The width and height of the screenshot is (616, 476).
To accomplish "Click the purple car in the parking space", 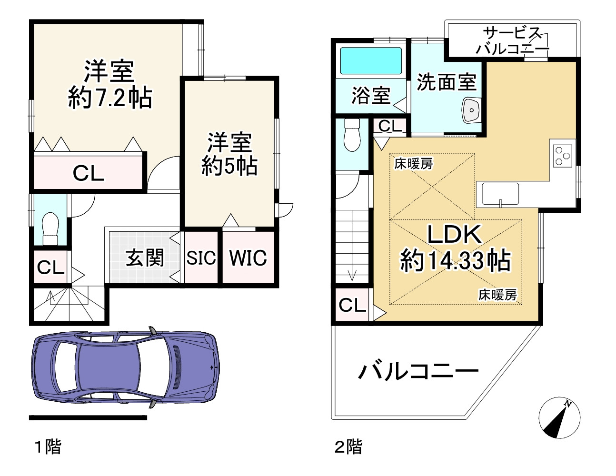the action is [x=125, y=368].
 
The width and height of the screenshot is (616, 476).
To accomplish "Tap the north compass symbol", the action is [x=559, y=418].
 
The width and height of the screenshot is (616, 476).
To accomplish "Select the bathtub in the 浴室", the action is [x=371, y=60].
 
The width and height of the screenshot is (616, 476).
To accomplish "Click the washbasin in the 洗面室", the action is [x=471, y=110].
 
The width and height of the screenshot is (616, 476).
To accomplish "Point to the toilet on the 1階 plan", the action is [x=50, y=229].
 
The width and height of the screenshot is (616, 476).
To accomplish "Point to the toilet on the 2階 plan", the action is [x=352, y=136].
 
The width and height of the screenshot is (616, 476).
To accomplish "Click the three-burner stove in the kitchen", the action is [x=563, y=155].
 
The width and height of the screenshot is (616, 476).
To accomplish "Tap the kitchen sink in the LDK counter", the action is [x=500, y=194].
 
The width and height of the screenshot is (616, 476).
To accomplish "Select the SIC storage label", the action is [x=201, y=258].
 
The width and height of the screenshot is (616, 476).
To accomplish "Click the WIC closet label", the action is [x=248, y=258].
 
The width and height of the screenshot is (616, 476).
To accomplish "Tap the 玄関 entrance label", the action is [x=145, y=258].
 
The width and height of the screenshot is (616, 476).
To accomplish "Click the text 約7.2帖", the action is [x=109, y=98].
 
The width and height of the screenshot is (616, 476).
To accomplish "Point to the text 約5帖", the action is [x=229, y=166].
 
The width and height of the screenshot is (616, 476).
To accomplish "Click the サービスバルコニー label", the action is [x=513, y=41].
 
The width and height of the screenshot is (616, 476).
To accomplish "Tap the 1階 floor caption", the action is [x=48, y=447].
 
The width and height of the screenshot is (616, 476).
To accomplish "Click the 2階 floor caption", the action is [x=348, y=447].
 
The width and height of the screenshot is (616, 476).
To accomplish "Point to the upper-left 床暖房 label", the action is [x=414, y=164].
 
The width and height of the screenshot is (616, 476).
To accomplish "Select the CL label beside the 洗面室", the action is [x=390, y=126].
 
